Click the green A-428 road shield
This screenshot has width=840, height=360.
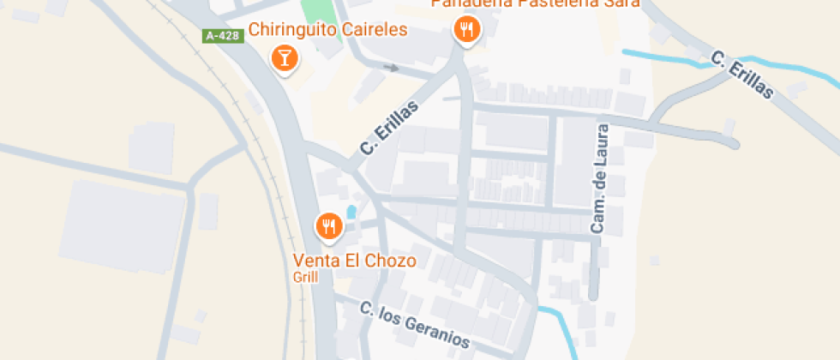point(220,36)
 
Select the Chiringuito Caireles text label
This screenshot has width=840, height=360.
point(327,30)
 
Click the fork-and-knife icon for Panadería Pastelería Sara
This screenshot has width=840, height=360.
point(466,31)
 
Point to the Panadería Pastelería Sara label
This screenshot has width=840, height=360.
point(536,3)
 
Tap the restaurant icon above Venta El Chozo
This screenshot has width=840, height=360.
point(329,227)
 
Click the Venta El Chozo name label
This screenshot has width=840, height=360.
point(354,261)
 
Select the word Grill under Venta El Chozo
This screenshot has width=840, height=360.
point(305,277)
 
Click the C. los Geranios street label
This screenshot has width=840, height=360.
point(415,325)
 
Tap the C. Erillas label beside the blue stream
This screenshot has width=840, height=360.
point(742,75)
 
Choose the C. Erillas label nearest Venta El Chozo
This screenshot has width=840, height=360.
point(389,128)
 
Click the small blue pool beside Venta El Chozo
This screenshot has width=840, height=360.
point(351,212)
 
